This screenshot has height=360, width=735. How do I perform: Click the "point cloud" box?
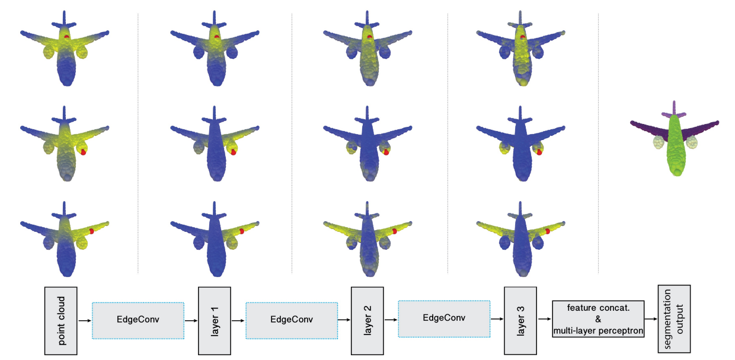[62, 320]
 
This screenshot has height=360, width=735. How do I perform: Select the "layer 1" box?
[215, 320]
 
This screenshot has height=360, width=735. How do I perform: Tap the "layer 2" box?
[367, 320]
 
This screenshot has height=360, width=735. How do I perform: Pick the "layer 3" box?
[520, 320]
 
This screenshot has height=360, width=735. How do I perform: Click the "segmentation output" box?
[674, 320]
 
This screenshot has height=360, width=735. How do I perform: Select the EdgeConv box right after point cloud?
[138, 320]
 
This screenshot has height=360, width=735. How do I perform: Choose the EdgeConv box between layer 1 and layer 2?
[291, 320]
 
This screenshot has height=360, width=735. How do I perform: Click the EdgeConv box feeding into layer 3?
[444, 319]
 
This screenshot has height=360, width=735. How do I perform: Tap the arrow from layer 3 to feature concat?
[544, 320]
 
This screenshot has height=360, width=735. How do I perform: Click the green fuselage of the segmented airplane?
[675, 148]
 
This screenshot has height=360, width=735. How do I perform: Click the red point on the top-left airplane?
[67, 37]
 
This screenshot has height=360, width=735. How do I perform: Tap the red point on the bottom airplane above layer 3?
[547, 231]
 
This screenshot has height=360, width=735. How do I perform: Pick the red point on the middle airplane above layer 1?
[233, 152]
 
